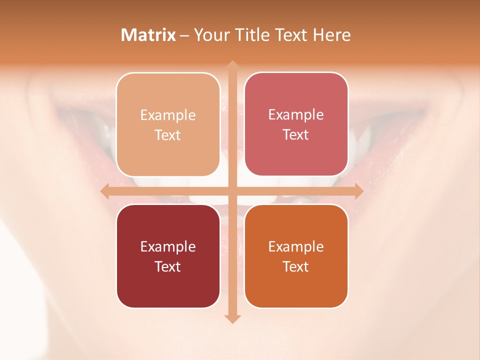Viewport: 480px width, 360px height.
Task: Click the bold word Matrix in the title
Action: tap(148, 35)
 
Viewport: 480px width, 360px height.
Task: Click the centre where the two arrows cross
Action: tap(232, 191)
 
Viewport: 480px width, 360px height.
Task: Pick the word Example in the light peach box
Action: tap(167, 115)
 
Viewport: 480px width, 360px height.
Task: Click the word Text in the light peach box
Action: tap(167, 135)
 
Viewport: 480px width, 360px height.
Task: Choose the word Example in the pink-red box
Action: tap(296, 115)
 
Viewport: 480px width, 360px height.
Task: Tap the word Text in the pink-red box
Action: tap(296, 135)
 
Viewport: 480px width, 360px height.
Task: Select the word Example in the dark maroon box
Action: tap(167, 247)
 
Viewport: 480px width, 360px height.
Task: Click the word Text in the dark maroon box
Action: tap(167, 267)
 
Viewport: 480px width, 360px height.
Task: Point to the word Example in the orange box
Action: tap(296, 247)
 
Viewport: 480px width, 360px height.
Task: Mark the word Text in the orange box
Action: tap(296, 267)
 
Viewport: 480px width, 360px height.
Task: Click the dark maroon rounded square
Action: tap(167, 290)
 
